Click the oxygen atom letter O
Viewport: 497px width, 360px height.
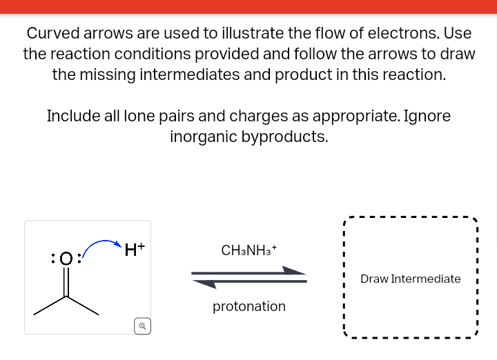click(x=66, y=259)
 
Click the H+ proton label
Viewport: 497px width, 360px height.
click(x=135, y=249)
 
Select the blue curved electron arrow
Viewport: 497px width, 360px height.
click(x=101, y=243)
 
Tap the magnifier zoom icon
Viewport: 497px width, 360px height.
click(x=142, y=326)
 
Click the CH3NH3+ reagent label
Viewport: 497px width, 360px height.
click(x=248, y=250)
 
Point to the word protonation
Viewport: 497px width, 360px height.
click(x=248, y=306)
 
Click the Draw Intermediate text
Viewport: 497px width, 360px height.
click(x=410, y=279)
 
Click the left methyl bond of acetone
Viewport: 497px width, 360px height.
click(x=50, y=306)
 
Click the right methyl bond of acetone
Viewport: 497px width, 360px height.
click(x=83, y=306)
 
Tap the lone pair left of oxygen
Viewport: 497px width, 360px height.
click(x=53, y=259)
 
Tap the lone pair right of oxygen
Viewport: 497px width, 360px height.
click(x=79, y=259)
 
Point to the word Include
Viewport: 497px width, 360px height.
click(x=73, y=116)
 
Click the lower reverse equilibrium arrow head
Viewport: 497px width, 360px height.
click(x=204, y=283)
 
